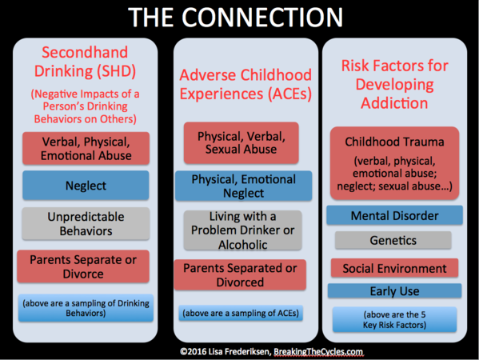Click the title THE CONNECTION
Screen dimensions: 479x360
point(236,17)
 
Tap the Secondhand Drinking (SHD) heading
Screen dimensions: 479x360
point(85,62)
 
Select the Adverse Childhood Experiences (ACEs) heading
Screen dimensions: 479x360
point(245,84)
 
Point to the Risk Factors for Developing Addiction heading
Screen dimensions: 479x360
point(395,84)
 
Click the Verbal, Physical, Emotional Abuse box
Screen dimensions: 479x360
point(86,149)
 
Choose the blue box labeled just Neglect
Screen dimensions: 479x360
point(86,186)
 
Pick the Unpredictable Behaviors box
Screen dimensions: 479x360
point(86,224)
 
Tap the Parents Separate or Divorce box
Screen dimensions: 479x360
point(83,266)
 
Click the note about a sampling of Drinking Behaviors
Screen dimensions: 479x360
point(86,308)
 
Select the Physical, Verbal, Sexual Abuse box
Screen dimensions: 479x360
point(241,142)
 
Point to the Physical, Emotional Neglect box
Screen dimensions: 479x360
point(243,186)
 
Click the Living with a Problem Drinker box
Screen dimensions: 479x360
point(243,230)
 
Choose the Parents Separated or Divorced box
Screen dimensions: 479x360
point(240,274)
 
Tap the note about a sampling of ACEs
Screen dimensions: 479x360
point(241,313)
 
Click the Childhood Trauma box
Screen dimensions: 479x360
point(395,163)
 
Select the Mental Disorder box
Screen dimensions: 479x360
point(395,215)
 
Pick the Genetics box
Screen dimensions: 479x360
point(393,240)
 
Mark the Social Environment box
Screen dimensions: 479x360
point(395,268)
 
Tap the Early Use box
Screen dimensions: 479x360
point(395,291)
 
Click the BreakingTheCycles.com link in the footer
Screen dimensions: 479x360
point(318,352)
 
